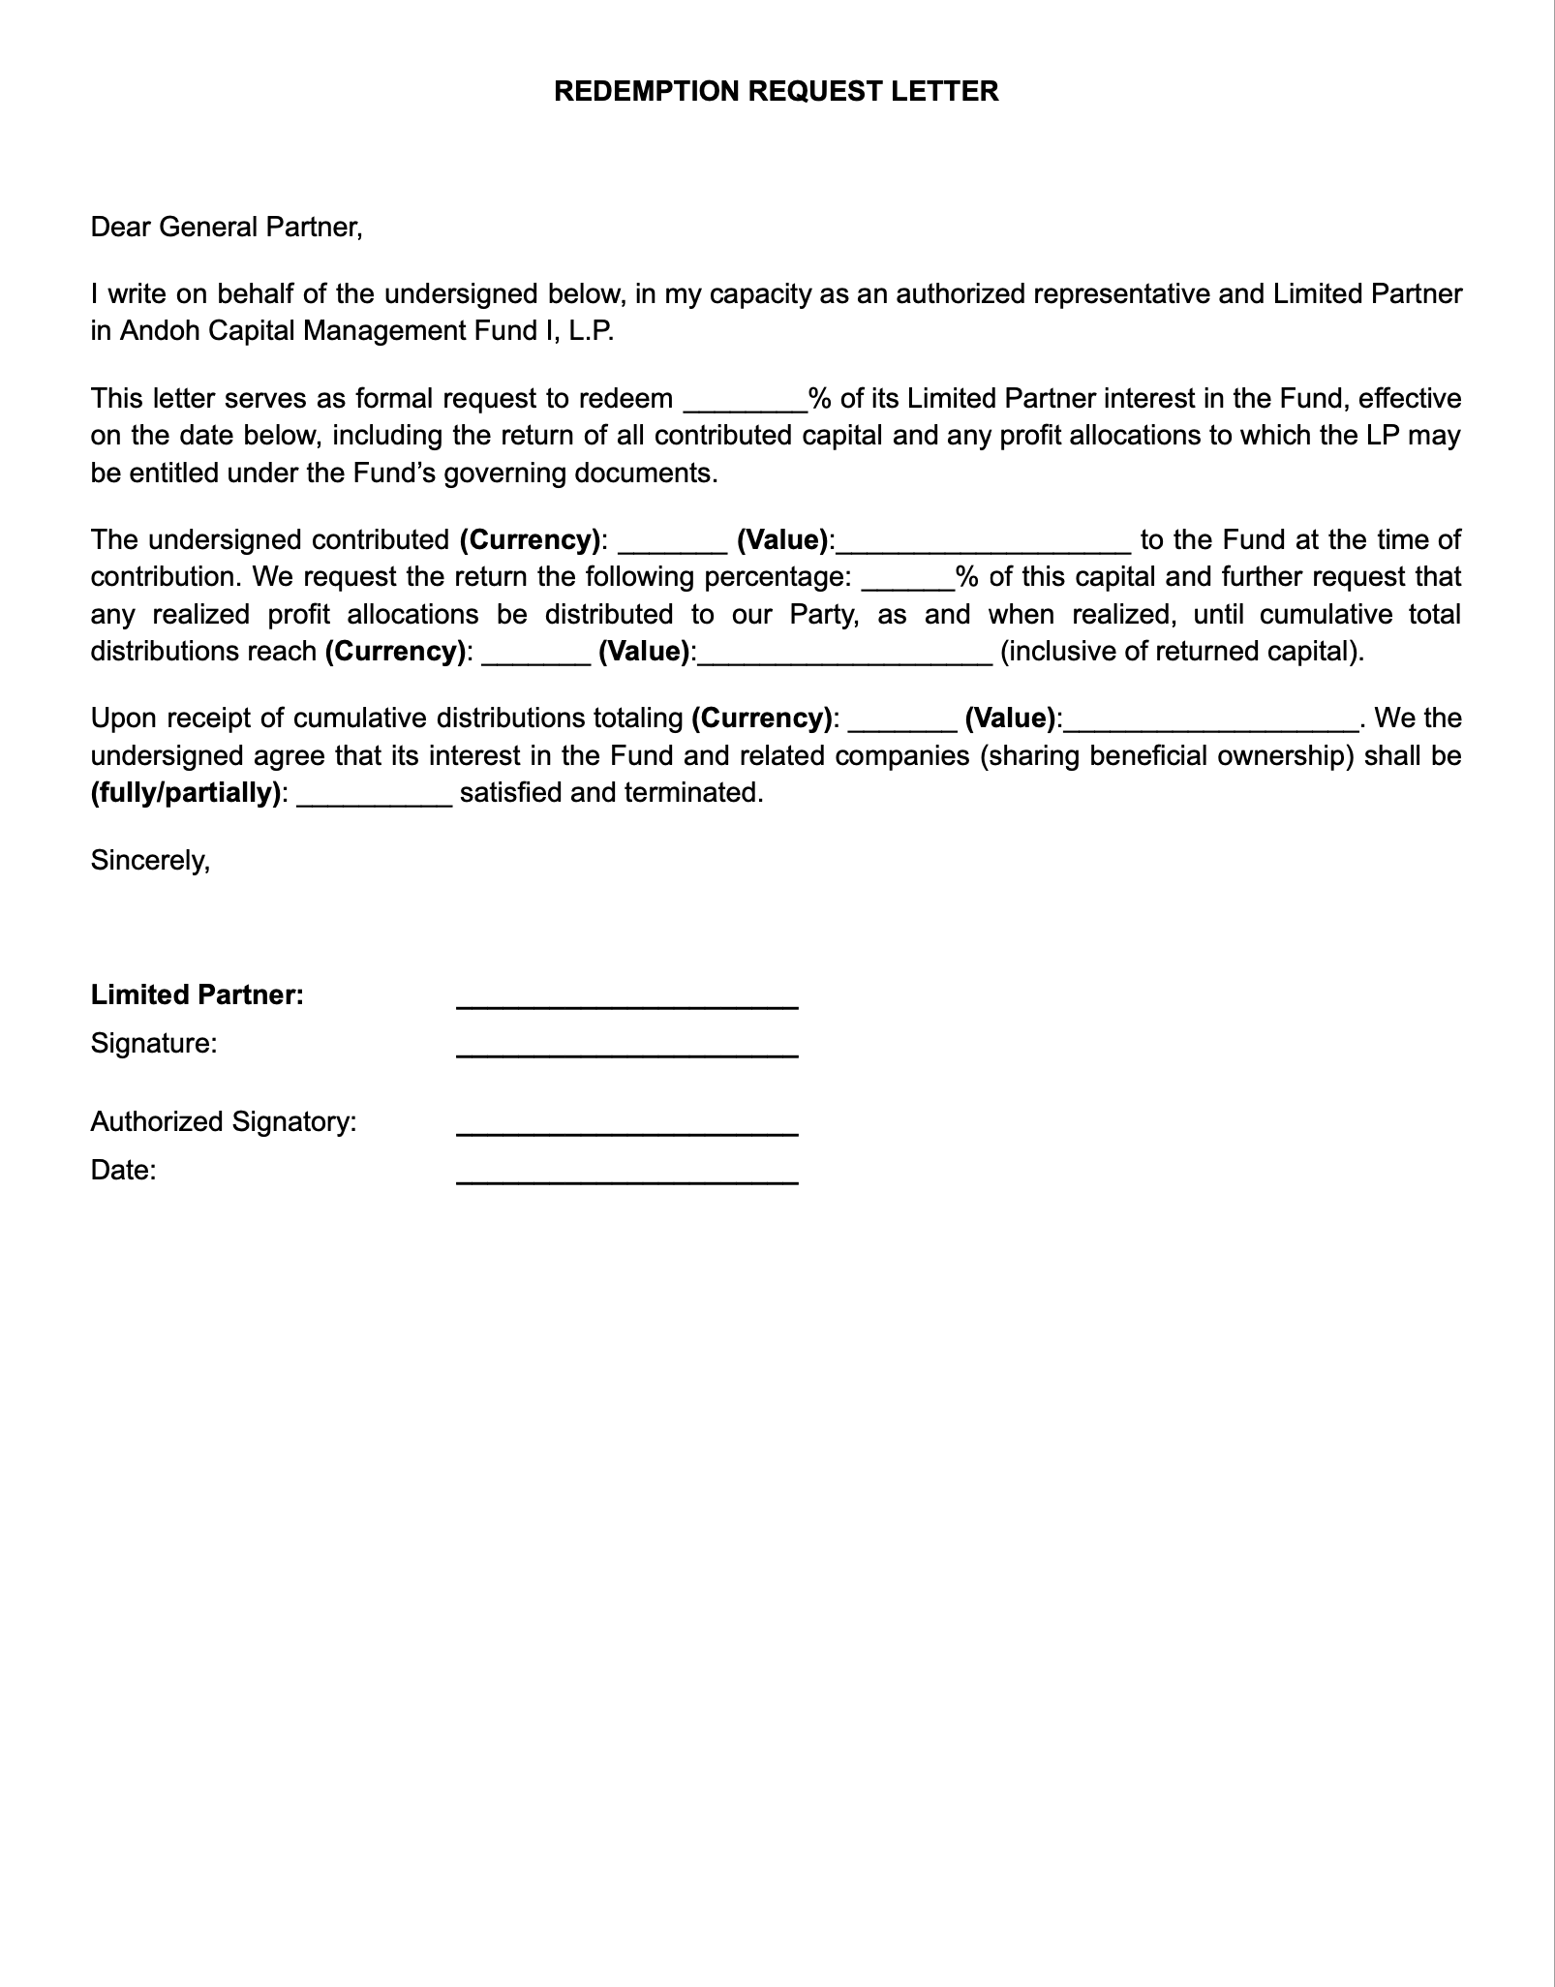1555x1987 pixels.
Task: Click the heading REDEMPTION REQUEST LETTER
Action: pos(776,91)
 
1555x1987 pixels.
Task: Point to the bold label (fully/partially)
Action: pos(186,793)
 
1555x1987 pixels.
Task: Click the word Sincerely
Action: pos(150,860)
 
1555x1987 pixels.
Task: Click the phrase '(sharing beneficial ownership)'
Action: pos(1167,755)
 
